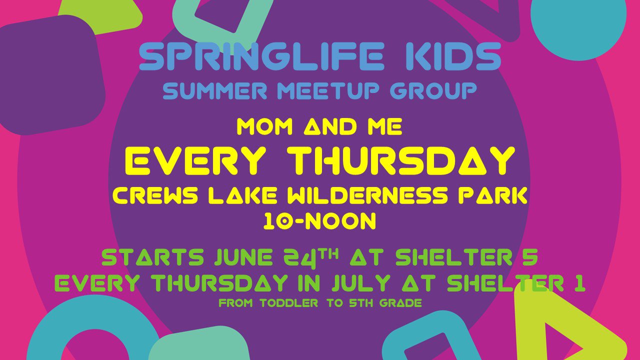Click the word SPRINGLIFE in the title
[x=260, y=56]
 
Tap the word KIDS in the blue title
[x=453, y=56]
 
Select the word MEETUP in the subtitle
[x=324, y=90]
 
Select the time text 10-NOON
[x=319, y=221]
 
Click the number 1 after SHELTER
[x=579, y=283]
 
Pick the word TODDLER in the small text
[x=289, y=303]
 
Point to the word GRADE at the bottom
[x=400, y=303]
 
